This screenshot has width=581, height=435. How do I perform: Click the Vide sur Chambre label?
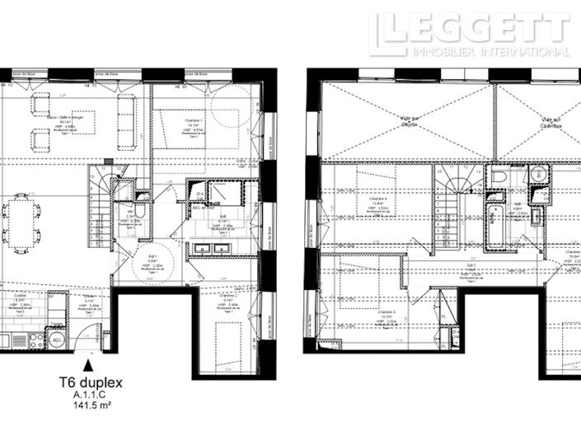pyautogui.click(x=551, y=122)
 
